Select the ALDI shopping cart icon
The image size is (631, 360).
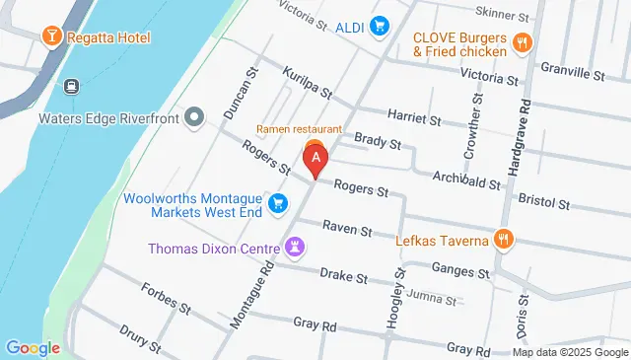(378, 28)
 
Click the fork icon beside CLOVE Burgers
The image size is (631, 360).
(523, 43)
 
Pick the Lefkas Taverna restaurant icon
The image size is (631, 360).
(504, 239)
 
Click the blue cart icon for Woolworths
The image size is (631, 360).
(279, 202)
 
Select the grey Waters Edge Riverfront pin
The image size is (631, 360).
(194, 117)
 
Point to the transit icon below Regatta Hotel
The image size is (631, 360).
(70, 87)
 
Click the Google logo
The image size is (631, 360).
(34, 347)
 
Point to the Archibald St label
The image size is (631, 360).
(467, 180)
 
